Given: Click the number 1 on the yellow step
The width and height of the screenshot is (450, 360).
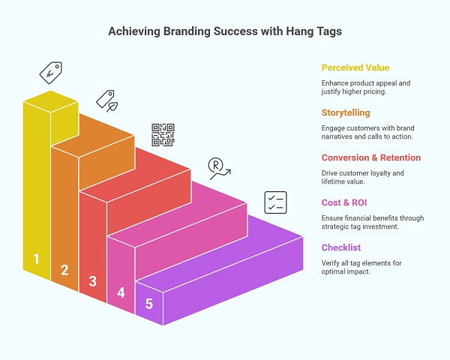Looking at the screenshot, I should coord(35,259).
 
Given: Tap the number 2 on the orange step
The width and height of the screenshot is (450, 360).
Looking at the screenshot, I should coord(64,270).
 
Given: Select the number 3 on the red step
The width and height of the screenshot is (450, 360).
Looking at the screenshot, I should coord(92,281).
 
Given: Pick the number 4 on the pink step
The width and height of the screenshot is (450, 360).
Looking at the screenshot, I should coord(121,292).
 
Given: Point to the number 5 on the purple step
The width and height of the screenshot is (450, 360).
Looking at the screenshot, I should coord(149,304).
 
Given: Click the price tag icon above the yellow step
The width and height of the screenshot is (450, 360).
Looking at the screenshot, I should coord(50,72).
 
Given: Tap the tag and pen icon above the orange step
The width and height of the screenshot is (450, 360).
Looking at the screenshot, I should coord(106,100).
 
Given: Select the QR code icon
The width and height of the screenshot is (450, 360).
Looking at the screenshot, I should coord(163,135).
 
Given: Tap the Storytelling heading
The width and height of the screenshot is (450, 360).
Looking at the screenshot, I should coord(346,112).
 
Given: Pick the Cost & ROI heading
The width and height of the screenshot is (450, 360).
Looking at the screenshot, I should coord(344,202).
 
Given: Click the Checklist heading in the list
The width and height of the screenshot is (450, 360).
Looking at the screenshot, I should coord(342,247).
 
